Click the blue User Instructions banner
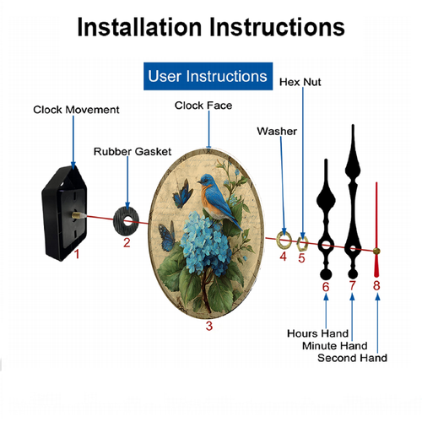point(208,76)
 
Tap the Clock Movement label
point(76,110)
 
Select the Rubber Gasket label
point(133,152)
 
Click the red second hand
point(376,230)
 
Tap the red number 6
point(326,287)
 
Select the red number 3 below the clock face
point(209,326)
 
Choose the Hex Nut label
point(300,82)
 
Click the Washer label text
point(277,132)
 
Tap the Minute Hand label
point(335,346)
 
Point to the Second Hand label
point(352,358)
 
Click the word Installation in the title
point(139,27)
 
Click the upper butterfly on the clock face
point(182,193)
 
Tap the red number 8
point(376,285)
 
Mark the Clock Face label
point(203,105)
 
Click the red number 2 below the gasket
point(127,242)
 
